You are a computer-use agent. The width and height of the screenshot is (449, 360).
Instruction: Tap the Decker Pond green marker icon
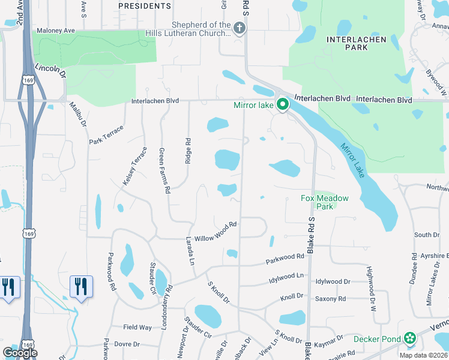point(410,339)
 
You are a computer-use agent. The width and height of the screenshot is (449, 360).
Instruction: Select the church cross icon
point(239,28)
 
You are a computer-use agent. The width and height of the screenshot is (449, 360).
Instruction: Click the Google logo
point(20,353)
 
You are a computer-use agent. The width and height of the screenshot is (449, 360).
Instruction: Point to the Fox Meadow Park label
point(325,202)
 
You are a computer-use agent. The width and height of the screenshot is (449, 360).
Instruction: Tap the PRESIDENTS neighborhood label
point(145,6)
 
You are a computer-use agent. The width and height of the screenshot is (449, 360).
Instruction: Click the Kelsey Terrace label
point(134,165)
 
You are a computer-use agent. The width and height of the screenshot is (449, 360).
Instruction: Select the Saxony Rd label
point(330,299)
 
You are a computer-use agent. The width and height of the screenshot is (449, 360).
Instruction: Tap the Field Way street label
point(137,327)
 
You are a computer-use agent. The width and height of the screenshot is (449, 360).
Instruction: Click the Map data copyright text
point(423,355)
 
